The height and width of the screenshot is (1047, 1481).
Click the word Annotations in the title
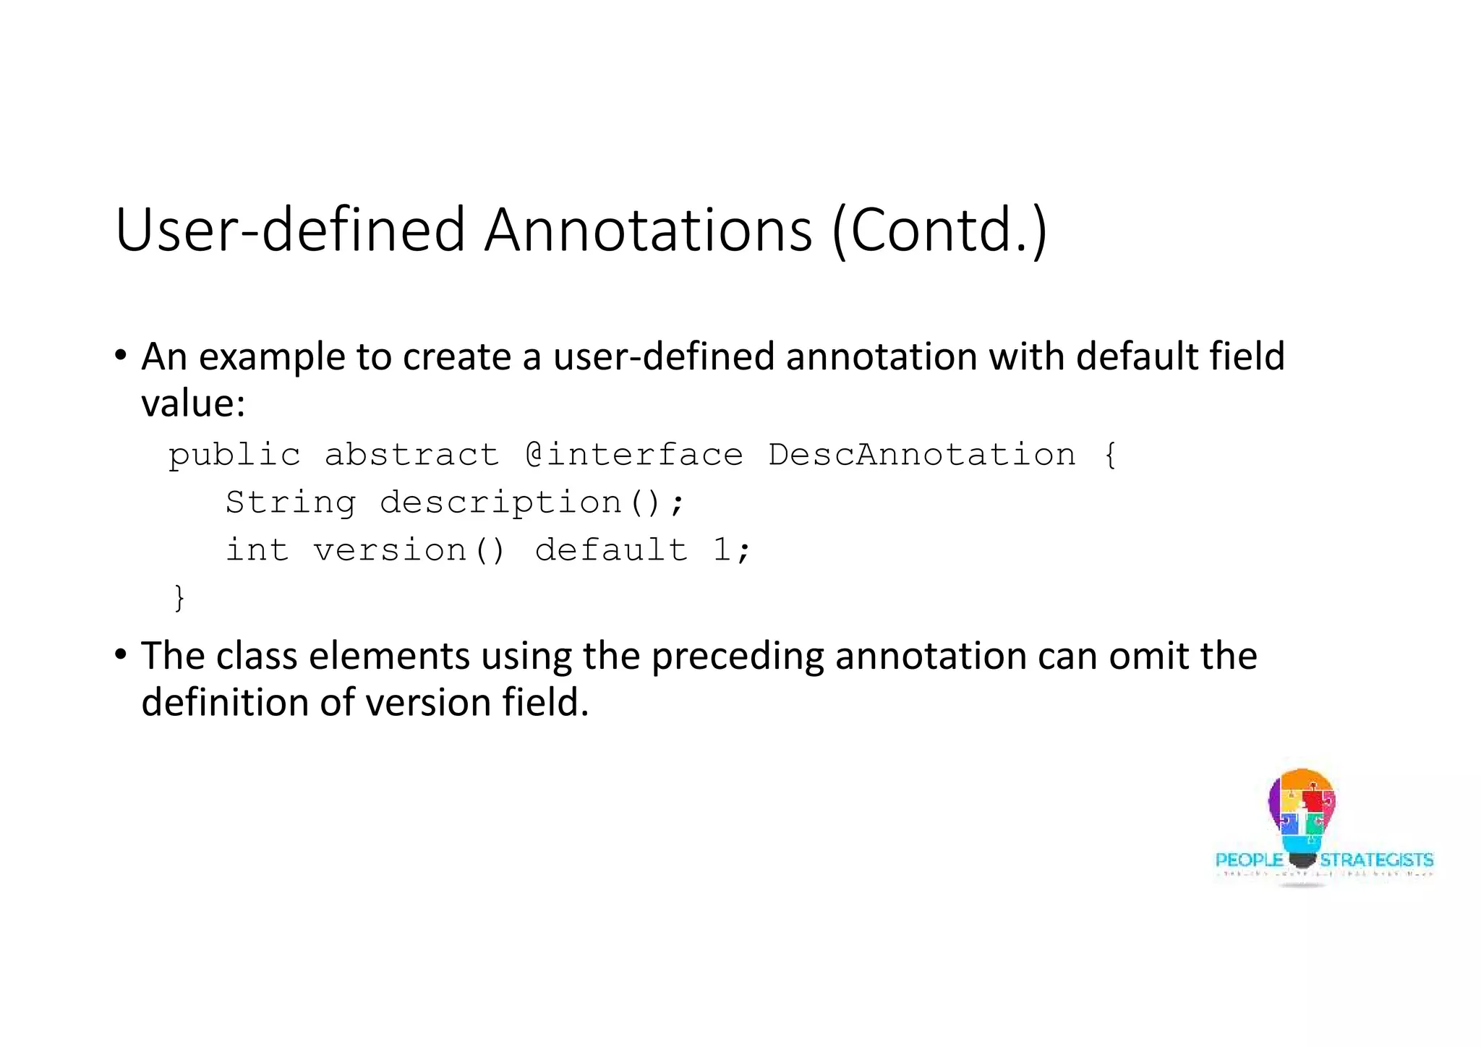coord(648,230)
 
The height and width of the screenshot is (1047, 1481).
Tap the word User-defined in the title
coord(289,230)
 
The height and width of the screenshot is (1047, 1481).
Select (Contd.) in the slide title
coord(939,230)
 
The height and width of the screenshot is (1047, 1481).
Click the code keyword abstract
coord(411,455)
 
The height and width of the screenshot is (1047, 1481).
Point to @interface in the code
coord(634,455)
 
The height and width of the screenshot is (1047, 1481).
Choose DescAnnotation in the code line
coord(922,455)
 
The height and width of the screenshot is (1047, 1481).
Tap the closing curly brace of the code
coord(179,598)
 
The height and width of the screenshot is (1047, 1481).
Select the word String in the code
coord(291,503)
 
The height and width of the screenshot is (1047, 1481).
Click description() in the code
coord(521,503)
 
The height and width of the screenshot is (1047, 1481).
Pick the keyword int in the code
coord(257,550)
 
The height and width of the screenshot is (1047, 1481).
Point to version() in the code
coord(409,550)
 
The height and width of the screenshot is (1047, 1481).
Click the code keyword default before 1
coord(611,550)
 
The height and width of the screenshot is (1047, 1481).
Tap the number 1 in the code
coord(721,550)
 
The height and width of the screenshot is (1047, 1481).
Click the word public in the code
coord(234,456)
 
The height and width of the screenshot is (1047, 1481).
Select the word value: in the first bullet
coord(193,403)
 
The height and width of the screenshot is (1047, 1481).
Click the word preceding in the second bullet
coord(737,657)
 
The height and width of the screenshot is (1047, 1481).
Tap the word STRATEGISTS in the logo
coord(1376,860)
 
